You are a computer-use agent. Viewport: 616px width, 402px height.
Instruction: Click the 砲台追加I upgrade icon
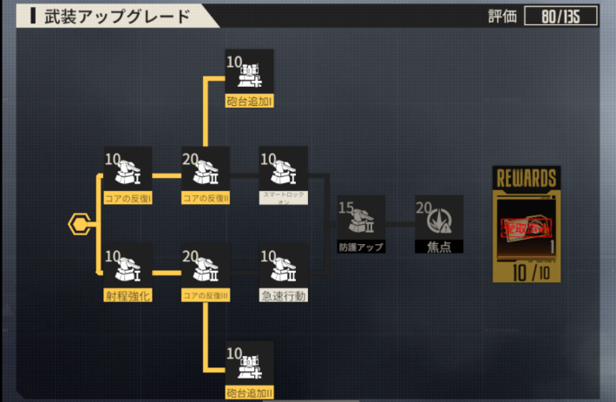click(249, 71)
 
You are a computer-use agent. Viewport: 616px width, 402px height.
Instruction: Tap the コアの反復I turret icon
click(128, 169)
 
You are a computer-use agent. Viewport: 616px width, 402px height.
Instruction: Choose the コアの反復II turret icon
click(206, 169)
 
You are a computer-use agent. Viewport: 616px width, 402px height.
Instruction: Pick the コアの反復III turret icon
click(206, 267)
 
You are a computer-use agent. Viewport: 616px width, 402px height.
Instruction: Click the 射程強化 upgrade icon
click(128, 267)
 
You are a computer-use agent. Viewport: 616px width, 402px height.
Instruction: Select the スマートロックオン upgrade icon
click(284, 169)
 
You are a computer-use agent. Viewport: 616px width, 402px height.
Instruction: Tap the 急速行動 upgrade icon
click(284, 267)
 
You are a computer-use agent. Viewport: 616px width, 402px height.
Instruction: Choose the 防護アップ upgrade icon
click(361, 217)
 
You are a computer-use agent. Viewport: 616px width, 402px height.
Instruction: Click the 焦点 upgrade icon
click(438, 217)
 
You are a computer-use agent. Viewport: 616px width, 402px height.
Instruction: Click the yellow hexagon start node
click(79, 224)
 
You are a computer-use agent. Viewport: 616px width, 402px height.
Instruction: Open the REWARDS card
click(525, 224)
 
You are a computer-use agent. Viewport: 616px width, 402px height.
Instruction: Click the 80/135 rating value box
click(560, 16)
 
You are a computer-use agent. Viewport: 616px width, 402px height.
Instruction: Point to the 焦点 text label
click(438, 247)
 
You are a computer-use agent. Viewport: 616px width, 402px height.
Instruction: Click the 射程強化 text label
click(128, 296)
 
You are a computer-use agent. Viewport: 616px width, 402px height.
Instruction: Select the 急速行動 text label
click(284, 296)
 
